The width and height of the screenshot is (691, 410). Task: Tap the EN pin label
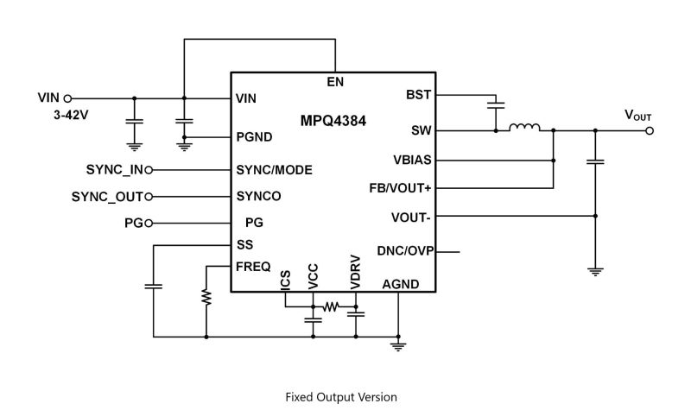335,83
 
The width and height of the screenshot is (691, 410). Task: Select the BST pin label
418,96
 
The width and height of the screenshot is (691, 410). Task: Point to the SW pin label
422,131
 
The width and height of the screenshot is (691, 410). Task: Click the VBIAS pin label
412,160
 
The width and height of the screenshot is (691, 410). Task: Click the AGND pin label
400,284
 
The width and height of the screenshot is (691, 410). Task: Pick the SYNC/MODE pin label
274,169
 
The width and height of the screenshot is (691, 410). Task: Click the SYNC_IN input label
114,169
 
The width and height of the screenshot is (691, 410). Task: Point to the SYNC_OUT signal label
106,196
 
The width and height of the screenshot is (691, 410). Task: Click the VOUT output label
638,115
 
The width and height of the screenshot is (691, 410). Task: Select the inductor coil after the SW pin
524,129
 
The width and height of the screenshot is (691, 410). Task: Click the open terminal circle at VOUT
650,131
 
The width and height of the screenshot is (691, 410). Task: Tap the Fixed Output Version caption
341,397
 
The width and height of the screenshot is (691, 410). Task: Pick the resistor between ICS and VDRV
333,306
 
